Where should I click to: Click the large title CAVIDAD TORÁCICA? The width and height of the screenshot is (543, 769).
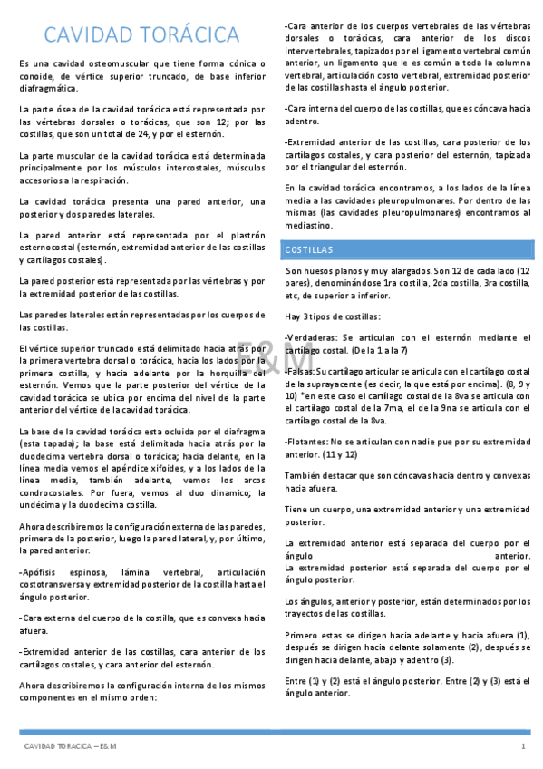[x=142, y=35]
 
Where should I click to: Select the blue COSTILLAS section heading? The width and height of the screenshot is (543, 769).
[x=309, y=248]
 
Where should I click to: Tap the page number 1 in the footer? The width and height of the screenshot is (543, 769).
[x=523, y=745]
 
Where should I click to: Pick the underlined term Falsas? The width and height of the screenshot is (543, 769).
[x=300, y=372]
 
